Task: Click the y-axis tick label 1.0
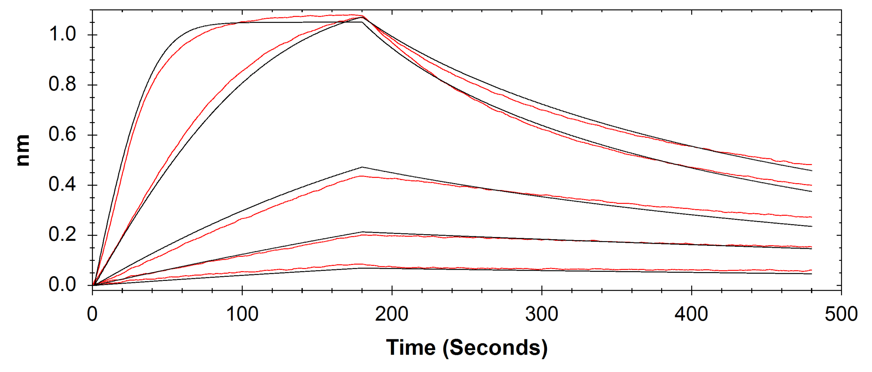point(62,34)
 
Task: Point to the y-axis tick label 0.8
point(62,85)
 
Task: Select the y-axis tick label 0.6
point(62,135)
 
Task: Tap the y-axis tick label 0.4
point(62,185)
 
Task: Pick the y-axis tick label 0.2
point(62,235)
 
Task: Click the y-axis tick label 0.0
point(62,285)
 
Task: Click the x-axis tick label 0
point(92,314)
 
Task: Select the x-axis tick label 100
point(242,314)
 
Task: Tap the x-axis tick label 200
point(392,314)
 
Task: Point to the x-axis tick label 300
point(542,314)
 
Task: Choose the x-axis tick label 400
point(691,314)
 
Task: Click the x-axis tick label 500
point(841,314)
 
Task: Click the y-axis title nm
point(23,150)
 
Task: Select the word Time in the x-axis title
point(411,348)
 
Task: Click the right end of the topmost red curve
point(812,165)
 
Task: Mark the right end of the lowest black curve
point(812,274)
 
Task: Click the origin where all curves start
point(93,285)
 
